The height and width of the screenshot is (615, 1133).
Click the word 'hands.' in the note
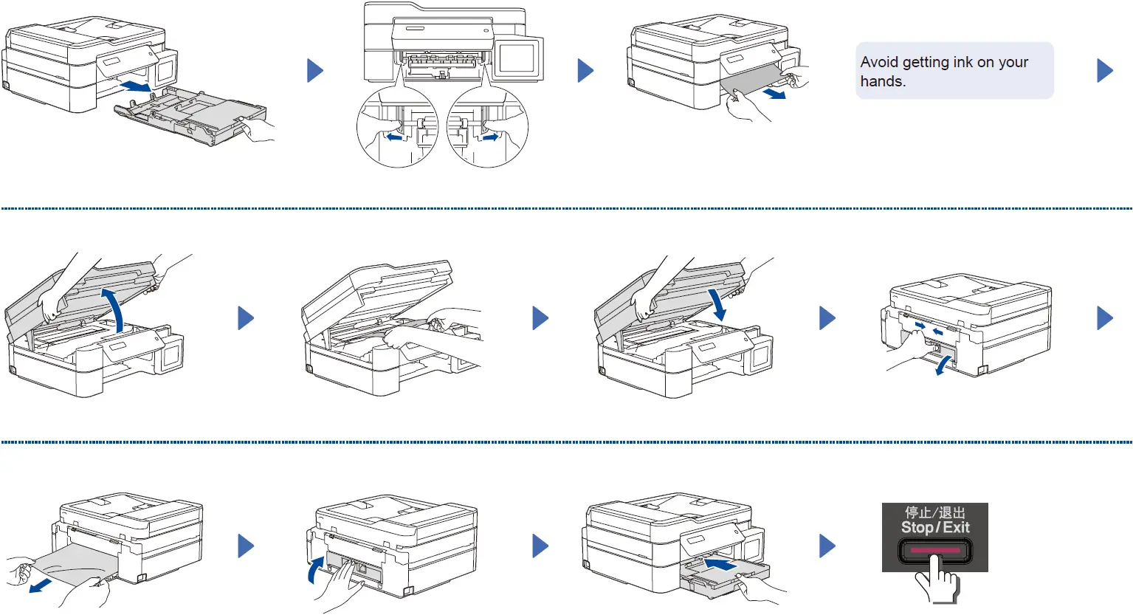883,82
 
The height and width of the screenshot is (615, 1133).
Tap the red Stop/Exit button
934,551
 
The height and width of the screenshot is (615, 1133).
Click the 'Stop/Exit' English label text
935,527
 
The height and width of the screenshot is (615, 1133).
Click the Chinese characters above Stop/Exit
935,512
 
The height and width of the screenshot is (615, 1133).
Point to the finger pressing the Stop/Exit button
936,580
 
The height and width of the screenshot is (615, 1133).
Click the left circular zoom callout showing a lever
397,127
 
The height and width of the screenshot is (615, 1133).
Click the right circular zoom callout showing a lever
487,127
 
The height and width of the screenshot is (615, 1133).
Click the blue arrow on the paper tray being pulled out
136,88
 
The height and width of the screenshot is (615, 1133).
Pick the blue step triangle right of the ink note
1104,71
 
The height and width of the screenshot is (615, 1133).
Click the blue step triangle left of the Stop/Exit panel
827,546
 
